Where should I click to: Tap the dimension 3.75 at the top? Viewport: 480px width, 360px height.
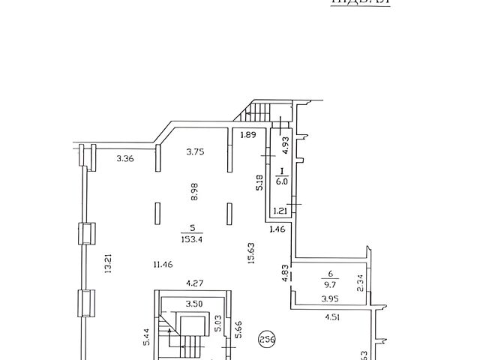196,151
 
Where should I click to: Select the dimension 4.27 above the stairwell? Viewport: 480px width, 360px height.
196,283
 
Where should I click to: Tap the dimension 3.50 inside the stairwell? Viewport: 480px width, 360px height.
194,304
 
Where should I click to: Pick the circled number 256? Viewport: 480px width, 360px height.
267,338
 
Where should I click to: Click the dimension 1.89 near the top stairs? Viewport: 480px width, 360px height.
247,136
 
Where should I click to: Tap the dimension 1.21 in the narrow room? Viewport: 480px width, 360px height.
280,211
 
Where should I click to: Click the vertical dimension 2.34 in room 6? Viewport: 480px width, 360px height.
361,282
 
